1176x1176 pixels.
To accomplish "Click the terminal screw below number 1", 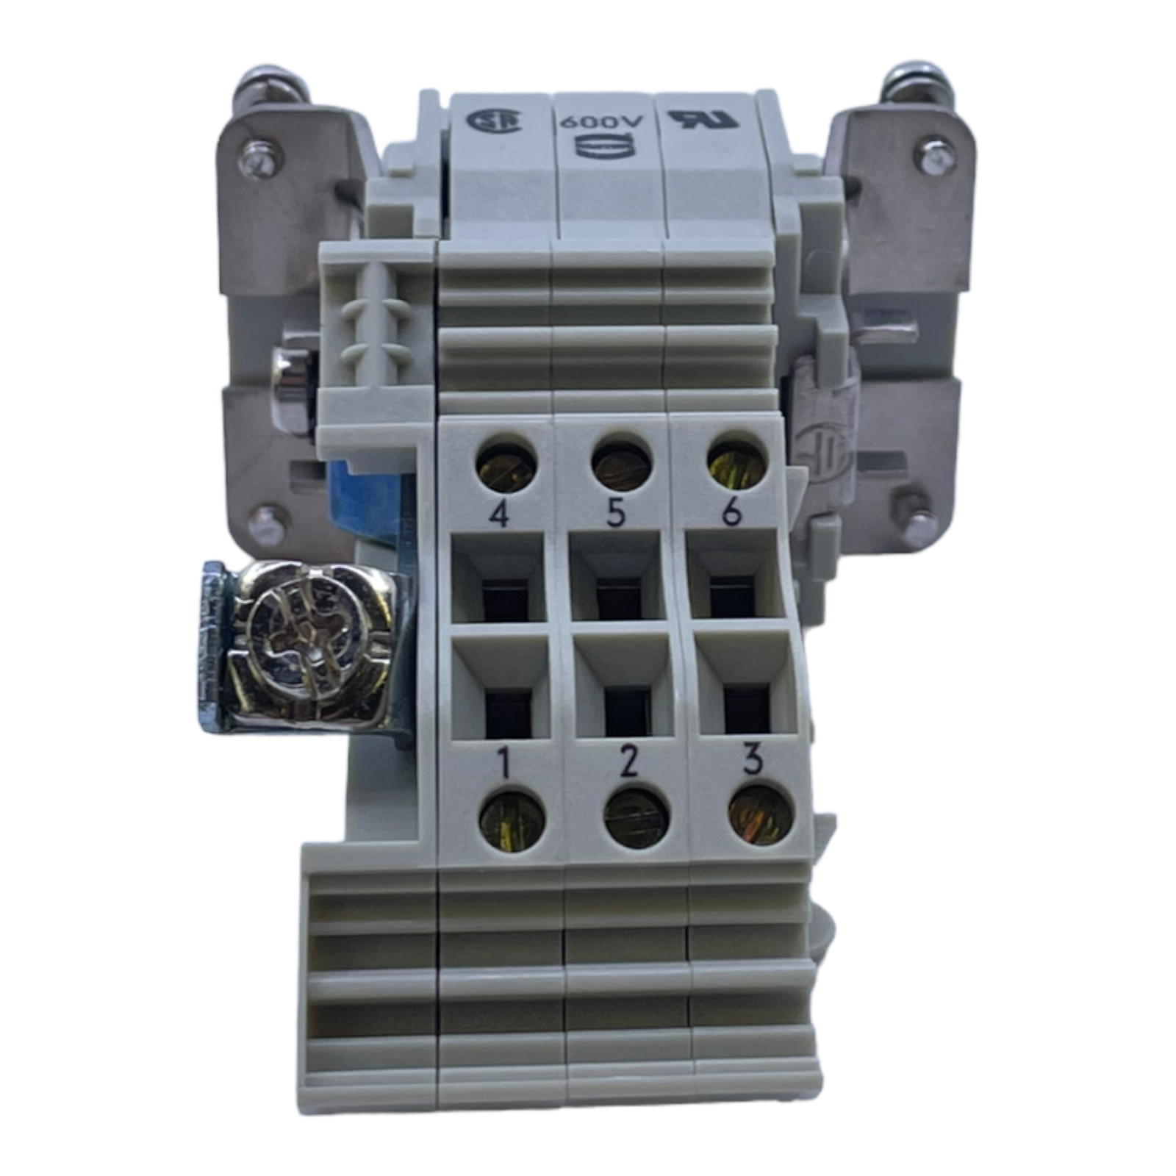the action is tap(512, 819).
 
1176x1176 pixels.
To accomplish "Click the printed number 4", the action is tap(500, 515).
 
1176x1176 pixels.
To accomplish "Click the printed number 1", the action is tap(503, 765).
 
